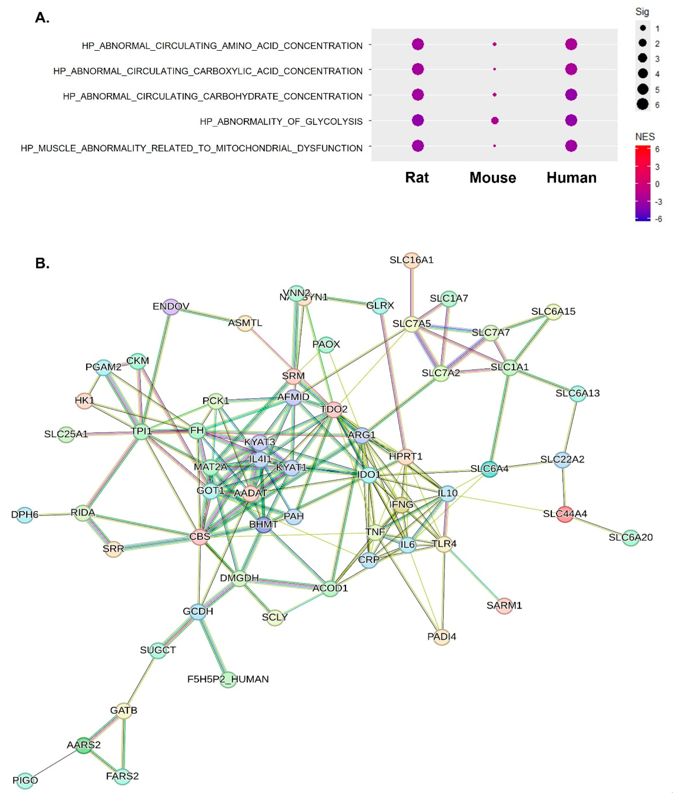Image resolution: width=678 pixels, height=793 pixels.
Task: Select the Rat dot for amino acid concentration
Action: coord(418,44)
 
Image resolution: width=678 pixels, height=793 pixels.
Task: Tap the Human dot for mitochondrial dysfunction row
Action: coord(571,146)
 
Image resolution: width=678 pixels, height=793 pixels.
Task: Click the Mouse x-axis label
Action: coord(493,178)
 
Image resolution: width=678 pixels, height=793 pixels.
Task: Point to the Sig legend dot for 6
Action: coord(643,104)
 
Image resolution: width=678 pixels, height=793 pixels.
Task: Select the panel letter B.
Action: coord(42,263)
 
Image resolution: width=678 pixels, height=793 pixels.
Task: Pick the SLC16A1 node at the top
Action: coord(412,260)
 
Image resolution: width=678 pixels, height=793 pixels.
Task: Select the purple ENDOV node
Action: coord(171,306)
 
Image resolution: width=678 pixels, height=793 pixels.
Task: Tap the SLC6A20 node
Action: coord(631,537)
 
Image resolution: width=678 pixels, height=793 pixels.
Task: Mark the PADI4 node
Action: coord(442,637)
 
